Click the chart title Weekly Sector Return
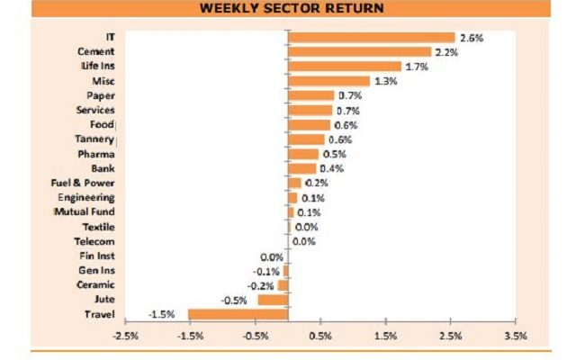292,8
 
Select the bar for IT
372,38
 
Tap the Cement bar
360,52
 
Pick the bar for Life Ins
345,67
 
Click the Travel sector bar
238,314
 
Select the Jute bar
273,300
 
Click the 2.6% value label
472,38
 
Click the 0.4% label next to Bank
331,168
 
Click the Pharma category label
96,154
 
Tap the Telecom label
95,241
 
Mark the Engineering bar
292,198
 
